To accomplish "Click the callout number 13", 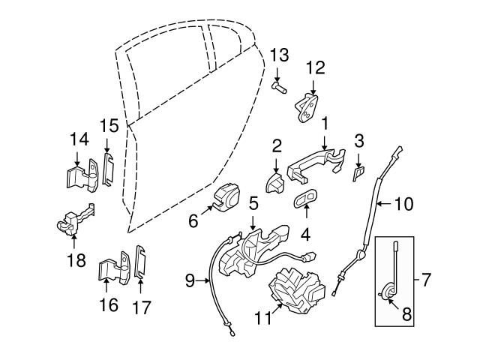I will point(279,55).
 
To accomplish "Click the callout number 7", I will point(426,281).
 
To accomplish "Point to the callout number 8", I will point(406,316).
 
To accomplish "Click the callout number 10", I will point(403,202).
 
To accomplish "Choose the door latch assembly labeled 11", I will point(297,288).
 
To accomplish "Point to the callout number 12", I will point(315,67).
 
